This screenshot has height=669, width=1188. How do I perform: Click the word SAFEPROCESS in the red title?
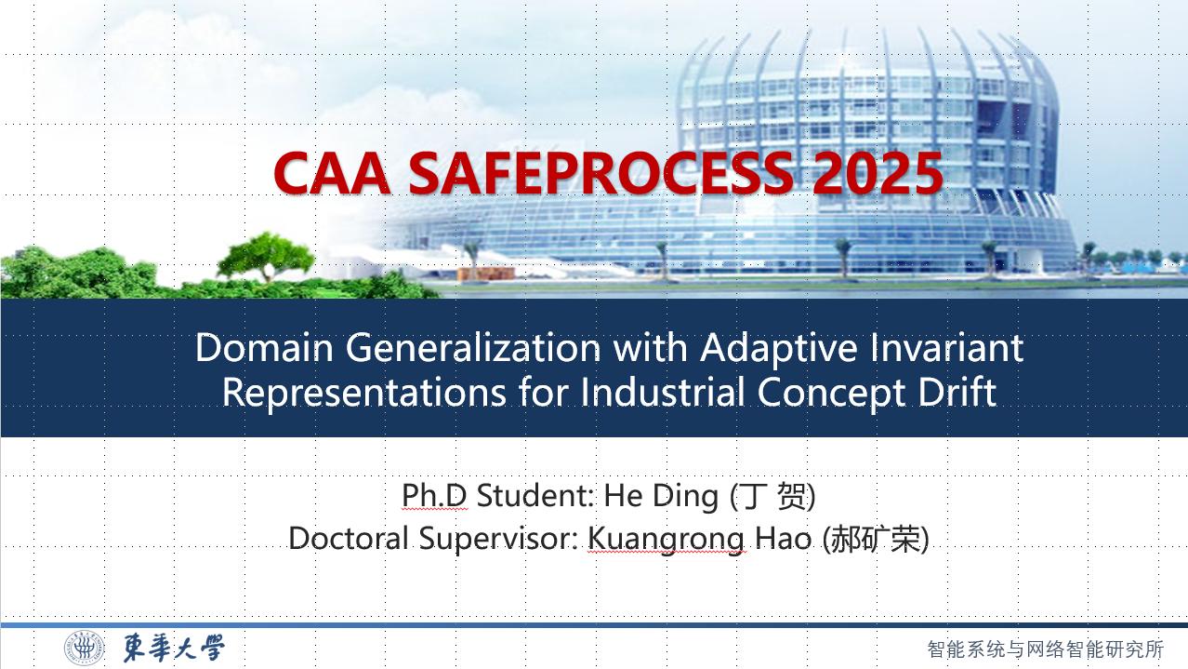pos(601,173)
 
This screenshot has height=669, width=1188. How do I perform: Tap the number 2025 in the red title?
pos(878,173)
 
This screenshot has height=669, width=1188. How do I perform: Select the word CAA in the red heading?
pos(332,173)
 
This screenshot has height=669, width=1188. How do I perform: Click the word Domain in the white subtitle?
pos(264,347)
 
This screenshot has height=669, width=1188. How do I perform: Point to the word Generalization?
pos(473,347)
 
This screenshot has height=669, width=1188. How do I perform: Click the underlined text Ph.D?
pos(434,495)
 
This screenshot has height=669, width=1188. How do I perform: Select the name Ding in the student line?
pos(685,498)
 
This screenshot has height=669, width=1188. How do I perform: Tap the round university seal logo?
pos(85,649)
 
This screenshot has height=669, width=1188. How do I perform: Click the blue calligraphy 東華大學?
pos(174,649)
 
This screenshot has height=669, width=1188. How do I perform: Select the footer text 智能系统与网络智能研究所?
pos(1046,649)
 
